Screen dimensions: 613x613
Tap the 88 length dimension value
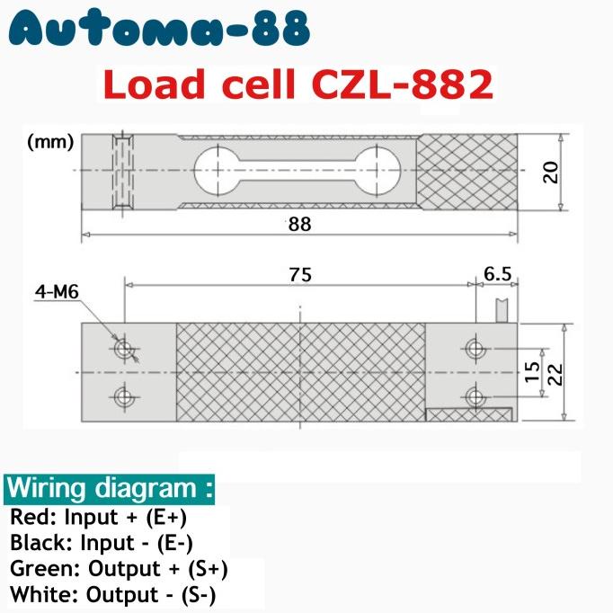pyautogui.click(x=299, y=225)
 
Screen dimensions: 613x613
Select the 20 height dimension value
pyautogui.click(x=551, y=172)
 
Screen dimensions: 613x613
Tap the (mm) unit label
pyautogui.click(x=44, y=142)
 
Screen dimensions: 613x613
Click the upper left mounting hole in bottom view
pyautogui.click(x=123, y=348)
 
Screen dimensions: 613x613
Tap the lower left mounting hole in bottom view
pyautogui.click(x=123, y=395)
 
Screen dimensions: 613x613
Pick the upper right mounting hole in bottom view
pyautogui.click(x=475, y=348)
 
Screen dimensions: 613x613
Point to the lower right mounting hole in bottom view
pyautogui.click(x=475, y=395)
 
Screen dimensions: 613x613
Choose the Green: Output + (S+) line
pyautogui.click(x=119, y=569)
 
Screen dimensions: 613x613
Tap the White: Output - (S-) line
pyautogui.click(x=113, y=594)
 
